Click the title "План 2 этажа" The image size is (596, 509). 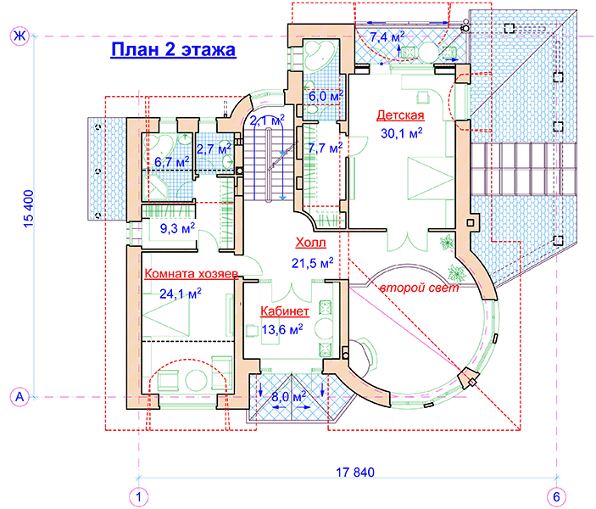click(173, 50)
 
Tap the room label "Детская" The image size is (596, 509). click(400, 115)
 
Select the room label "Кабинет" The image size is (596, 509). click(284, 311)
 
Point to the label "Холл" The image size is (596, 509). click(310, 243)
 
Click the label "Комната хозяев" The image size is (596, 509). click(192, 273)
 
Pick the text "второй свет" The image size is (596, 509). click(420, 288)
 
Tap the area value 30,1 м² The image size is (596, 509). click(401, 133)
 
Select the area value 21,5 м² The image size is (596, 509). click(313, 263)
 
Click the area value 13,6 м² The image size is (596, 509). click(282, 329)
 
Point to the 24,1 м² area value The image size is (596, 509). click(181, 294)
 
